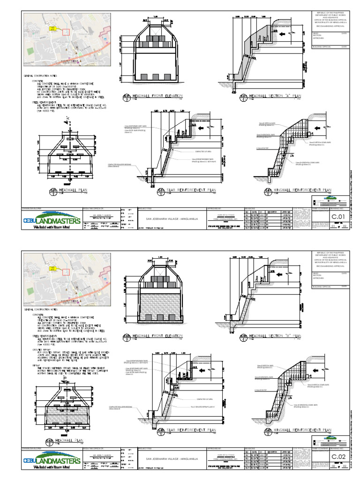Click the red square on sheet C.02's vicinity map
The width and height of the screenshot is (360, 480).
66,271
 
